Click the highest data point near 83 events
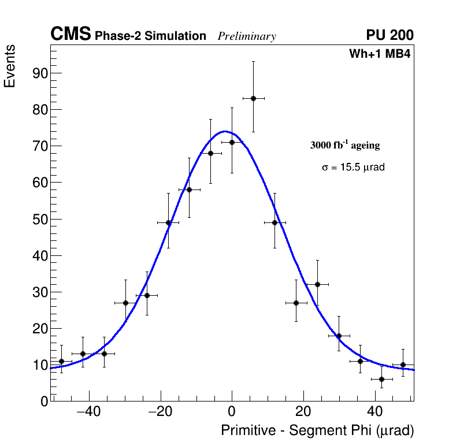coord(253,98)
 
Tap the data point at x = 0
coord(232,142)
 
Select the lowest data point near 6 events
coord(381,379)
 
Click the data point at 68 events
coord(210,153)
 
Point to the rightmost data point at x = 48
coord(403,365)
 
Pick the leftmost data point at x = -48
coord(61,361)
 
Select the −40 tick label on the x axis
coord(88,412)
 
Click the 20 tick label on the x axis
coord(303,412)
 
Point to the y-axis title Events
coord(10,66)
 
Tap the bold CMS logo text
coord(71,35)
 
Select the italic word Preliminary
coord(247,36)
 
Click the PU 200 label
coord(389,35)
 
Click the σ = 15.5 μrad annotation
coord(353,168)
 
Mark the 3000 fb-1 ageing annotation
coord(345,145)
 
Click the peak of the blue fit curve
coord(225,131)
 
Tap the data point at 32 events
coord(317,284)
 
